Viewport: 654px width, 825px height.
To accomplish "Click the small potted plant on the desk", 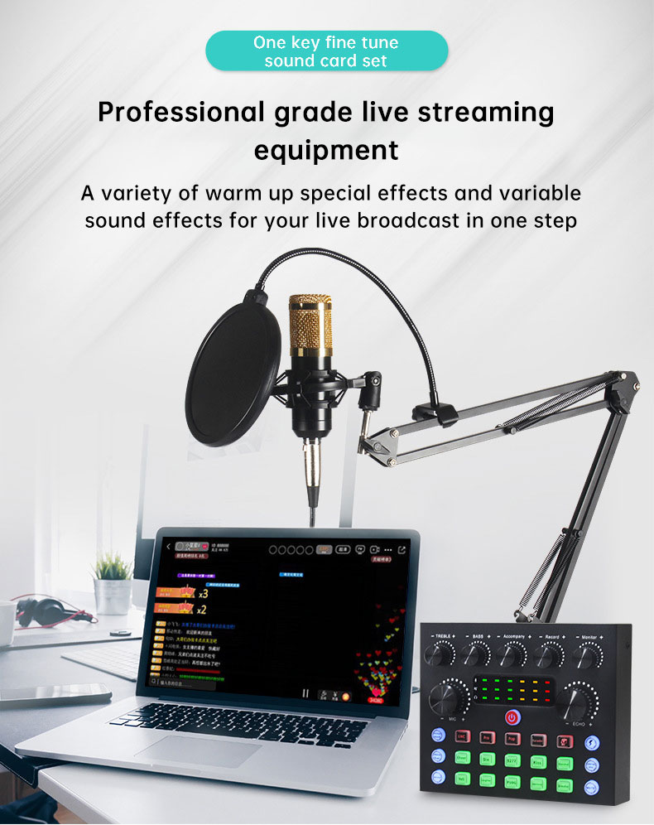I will tap(113, 584).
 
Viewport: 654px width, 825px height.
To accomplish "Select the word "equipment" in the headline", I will tap(326, 151).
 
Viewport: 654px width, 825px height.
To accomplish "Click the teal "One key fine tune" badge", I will tap(326, 51).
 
